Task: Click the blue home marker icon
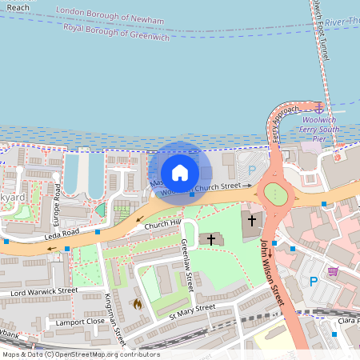180,172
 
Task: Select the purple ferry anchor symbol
319,106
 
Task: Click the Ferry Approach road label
285,120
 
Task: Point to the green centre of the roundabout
274,193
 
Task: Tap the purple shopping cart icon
333,272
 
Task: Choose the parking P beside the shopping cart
314,281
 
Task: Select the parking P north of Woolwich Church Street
252,170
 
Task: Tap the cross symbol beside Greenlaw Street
210,238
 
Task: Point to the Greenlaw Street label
190,266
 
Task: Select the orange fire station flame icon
137,304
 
